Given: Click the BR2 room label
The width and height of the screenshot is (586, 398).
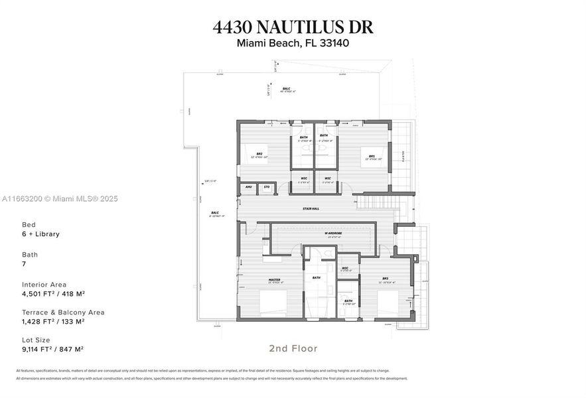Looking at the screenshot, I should coord(259,154).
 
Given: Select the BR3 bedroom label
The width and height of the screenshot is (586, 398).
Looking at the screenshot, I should coord(385,280).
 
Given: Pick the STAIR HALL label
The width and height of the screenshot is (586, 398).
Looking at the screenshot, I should coord(311,207).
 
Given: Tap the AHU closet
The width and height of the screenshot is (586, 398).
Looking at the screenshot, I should coord(248,188).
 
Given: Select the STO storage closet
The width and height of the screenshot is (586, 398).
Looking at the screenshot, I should coord(266,188).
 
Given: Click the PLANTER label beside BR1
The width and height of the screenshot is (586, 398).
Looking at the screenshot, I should coord(402,156).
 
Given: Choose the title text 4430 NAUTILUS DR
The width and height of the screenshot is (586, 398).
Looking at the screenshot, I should coord(293,27).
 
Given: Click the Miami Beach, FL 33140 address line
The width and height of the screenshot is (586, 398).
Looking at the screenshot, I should coord(293,44).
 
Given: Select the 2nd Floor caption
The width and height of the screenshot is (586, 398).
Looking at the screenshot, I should coord(293,348).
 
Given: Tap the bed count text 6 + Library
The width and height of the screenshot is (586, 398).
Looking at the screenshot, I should coord(41,234).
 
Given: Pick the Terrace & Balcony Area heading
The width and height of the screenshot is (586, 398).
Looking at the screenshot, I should coord(63,312).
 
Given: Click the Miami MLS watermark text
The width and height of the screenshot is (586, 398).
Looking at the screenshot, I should coord(59,198).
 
